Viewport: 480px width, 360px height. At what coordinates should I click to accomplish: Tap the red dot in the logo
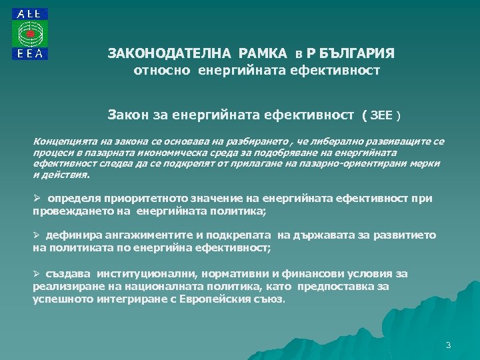coord(30,33)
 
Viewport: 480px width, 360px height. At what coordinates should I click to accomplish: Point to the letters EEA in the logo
coord(30,55)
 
